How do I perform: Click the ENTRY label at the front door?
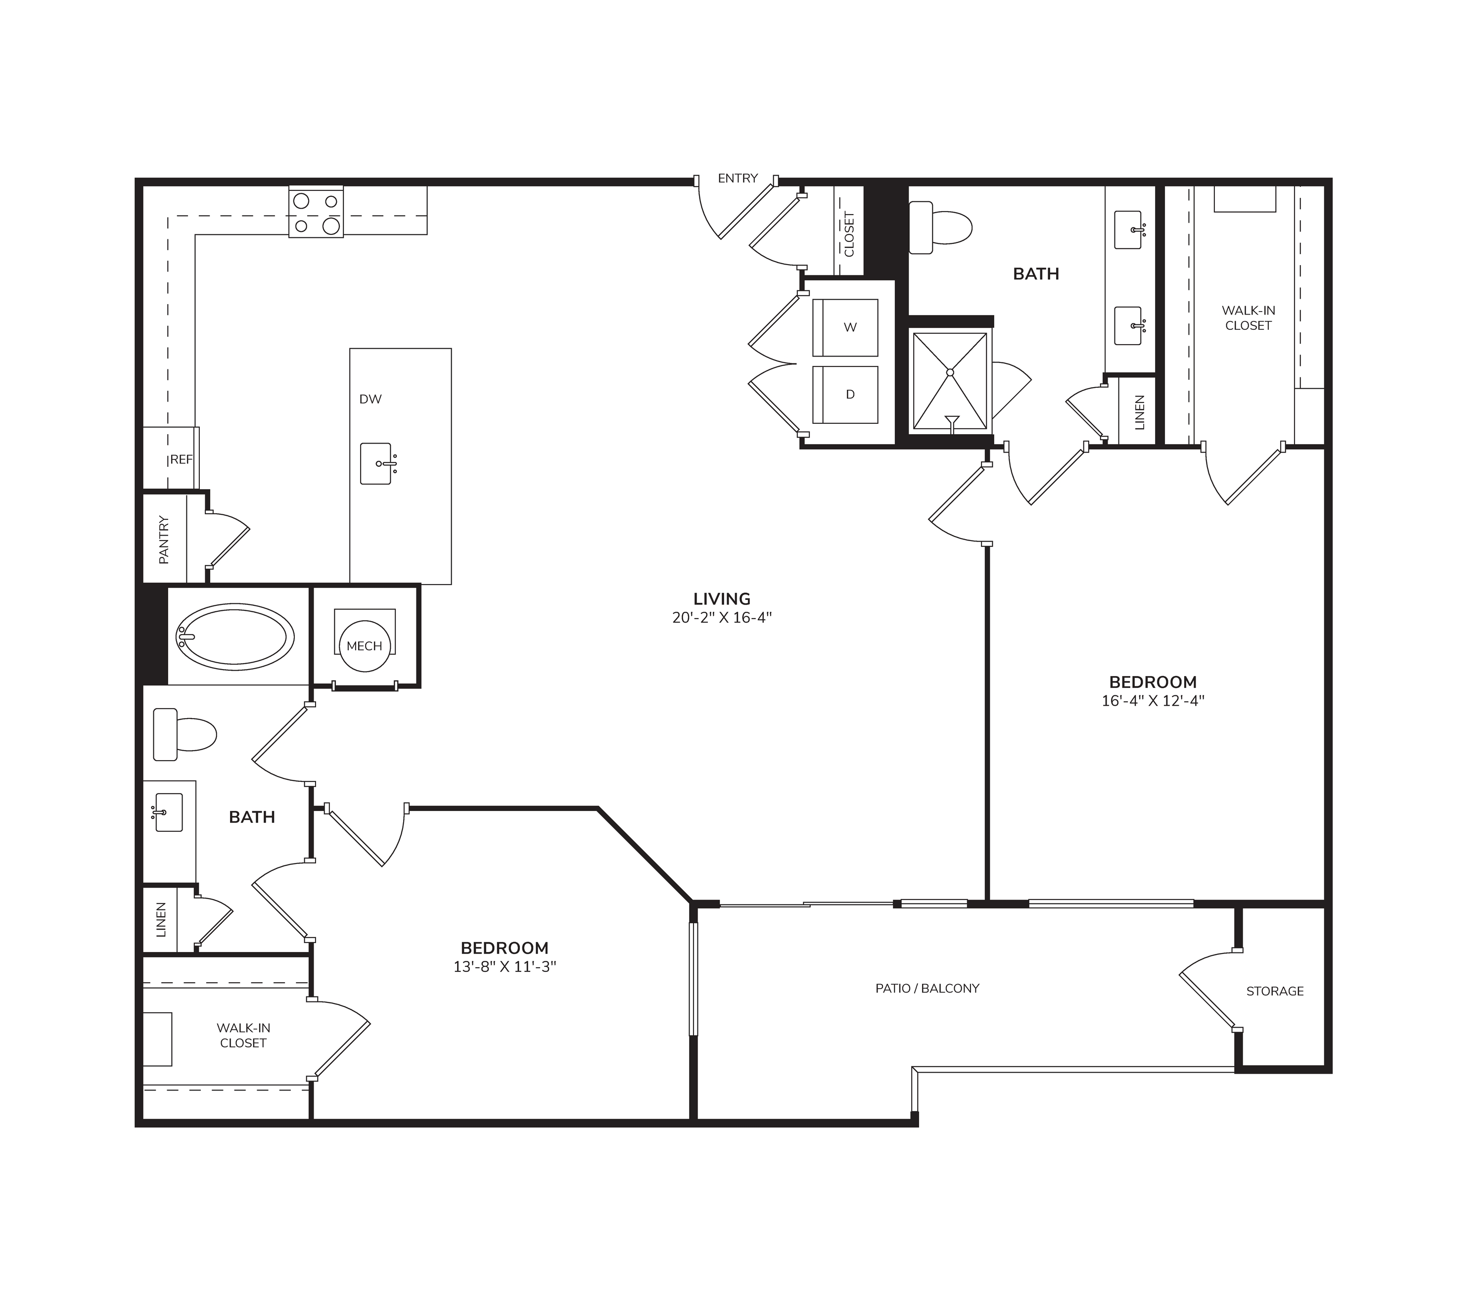[738, 179]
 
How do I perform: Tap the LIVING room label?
[722, 599]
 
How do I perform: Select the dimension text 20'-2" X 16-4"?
[722, 618]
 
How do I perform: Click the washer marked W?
[845, 327]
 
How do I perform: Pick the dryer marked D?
[845, 395]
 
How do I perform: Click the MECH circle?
[365, 646]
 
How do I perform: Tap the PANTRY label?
[164, 539]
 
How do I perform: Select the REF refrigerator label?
[182, 459]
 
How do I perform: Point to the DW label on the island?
[371, 399]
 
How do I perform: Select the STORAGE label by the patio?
[1275, 992]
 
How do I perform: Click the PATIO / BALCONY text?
[927, 989]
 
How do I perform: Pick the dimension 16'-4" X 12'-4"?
[1153, 701]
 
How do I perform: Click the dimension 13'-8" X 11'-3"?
[505, 967]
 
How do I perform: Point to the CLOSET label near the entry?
[849, 234]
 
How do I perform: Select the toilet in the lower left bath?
[185, 734]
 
